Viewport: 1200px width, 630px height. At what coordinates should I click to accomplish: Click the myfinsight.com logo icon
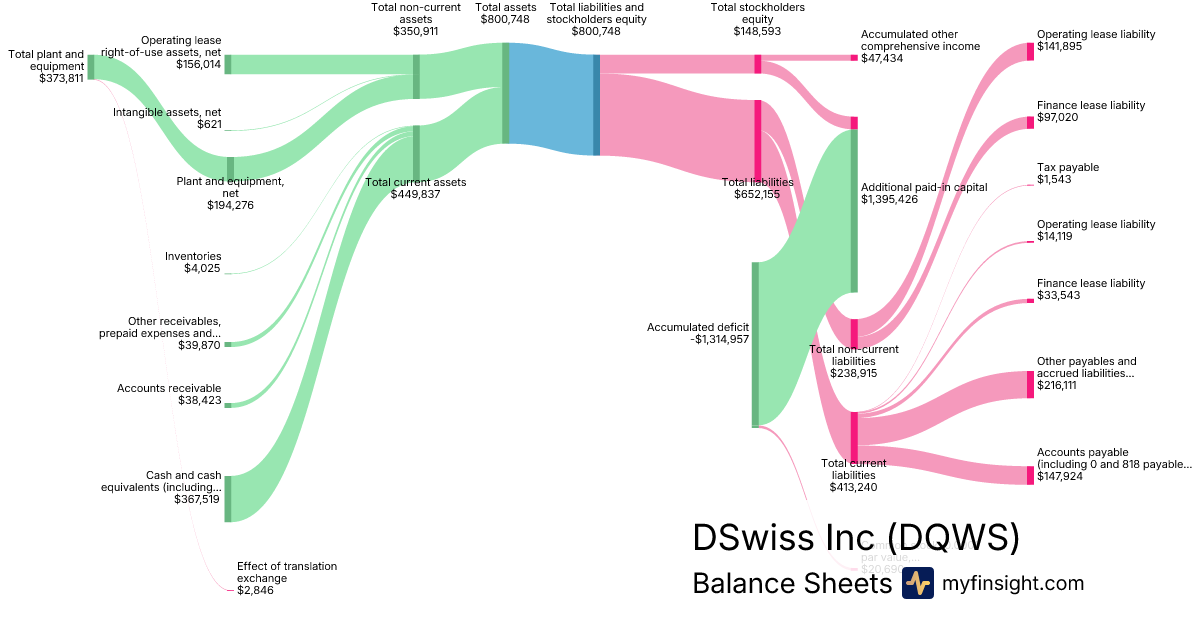point(917,583)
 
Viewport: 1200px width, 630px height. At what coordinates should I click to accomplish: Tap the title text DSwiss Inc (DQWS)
point(856,537)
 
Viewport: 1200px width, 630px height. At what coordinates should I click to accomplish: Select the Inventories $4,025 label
point(193,262)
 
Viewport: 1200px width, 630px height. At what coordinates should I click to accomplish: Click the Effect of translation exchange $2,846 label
point(286,578)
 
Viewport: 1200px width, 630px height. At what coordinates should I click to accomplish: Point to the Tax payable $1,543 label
point(1068,173)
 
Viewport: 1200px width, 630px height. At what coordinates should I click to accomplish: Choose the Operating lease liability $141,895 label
point(1096,41)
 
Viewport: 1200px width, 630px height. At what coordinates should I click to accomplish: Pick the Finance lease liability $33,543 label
point(1091,289)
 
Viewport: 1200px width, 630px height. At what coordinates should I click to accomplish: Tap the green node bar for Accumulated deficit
point(755,344)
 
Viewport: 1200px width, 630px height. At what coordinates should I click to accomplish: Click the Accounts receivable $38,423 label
point(169,394)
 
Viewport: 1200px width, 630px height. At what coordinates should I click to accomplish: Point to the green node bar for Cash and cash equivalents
point(228,498)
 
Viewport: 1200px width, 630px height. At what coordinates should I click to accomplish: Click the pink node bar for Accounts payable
point(1030,475)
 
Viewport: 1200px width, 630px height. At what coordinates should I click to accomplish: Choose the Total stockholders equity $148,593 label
point(757,19)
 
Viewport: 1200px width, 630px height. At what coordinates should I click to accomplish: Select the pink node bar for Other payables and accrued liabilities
point(1030,384)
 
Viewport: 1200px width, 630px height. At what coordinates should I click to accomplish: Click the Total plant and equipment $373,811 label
point(46,66)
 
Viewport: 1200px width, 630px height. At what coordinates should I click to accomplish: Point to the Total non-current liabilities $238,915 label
point(854,360)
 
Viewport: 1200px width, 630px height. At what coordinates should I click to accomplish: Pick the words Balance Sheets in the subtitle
point(791,583)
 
